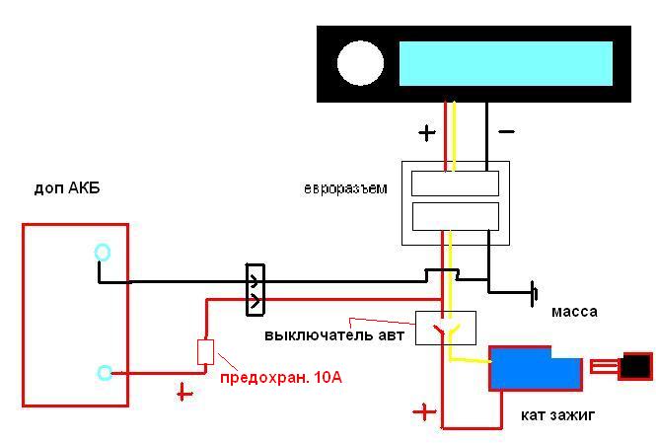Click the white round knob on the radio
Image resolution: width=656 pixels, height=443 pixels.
360,63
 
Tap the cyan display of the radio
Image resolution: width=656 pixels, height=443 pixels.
505,63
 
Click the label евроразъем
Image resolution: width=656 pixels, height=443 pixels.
345,187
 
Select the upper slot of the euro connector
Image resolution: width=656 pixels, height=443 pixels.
455,183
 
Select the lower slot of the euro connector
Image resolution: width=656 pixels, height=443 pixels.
455,215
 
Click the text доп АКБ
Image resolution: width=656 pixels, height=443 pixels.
66,188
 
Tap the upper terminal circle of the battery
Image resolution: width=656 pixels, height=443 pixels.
103,253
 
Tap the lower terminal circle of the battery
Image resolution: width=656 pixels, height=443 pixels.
105,372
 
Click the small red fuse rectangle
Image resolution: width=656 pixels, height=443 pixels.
206,352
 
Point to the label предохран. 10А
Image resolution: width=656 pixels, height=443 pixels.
280,378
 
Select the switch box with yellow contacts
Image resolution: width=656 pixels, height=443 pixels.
445,328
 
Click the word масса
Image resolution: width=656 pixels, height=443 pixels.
574,311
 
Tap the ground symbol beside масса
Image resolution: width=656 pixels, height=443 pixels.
534,293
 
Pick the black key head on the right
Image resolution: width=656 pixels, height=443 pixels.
635,366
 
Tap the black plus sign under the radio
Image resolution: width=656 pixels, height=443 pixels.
426,131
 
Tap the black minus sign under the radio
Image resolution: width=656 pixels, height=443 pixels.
505,130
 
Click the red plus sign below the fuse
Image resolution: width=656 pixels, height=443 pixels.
183,393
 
